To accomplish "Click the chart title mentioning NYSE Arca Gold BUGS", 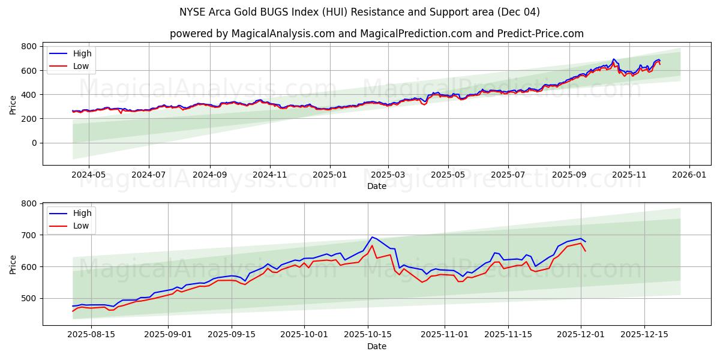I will coord(359,12).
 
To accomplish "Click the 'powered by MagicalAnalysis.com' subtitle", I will coord(376,34).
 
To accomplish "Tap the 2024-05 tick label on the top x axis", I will coord(89,175).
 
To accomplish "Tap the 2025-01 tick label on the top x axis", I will coord(329,175).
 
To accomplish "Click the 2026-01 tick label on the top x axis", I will coord(689,175).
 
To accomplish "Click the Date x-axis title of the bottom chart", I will coord(376,347).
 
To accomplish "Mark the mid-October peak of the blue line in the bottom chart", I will coord(372,237).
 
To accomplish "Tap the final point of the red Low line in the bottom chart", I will coord(585,251).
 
